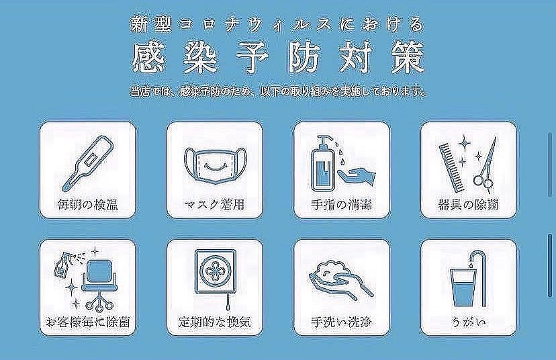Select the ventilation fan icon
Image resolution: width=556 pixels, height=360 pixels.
tap(214, 276)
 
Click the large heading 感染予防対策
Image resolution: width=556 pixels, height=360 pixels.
tap(278, 58)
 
